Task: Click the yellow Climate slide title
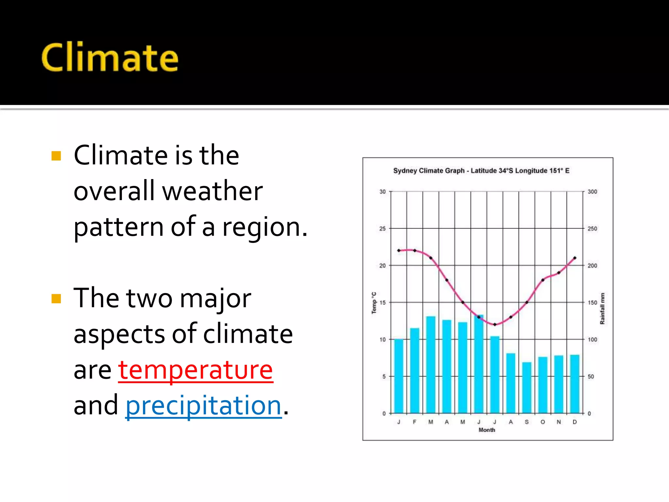tap(110, 58)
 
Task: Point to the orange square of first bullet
tap(56, 156)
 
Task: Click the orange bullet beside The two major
tap(56, 299)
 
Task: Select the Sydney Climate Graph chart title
tap(481, 171)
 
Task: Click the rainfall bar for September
tap(527, 388)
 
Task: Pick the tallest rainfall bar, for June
tap(479, 364)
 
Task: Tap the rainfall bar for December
tap(575, 384)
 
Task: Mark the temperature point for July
tap(495, 325)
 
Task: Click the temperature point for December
tap(575, 258)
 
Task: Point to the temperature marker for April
tap(447, 280)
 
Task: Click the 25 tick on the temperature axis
tap(382, 228)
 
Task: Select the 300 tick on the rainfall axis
tap(592, 192)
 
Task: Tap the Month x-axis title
tap(487, 430)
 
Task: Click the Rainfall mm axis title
tap(602, 309)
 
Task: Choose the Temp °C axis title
tap(374, 303)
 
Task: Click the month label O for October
tap(543, 422)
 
